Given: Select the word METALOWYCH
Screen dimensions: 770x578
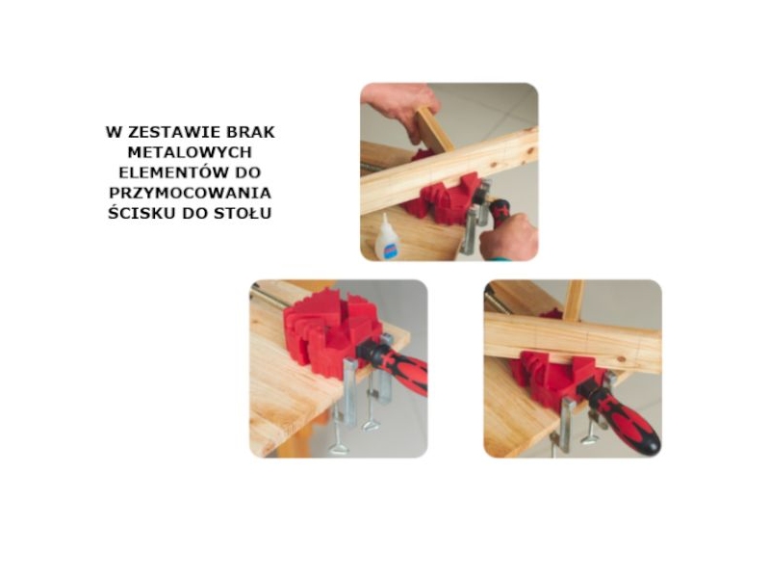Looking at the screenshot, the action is pos(190,152).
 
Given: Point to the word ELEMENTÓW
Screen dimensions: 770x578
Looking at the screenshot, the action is pos(172,172).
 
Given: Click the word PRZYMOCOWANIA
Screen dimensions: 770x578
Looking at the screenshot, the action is pos(190,193).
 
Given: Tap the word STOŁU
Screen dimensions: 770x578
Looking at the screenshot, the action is pos(244,213).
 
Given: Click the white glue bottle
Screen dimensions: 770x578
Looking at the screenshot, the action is pos(388,237).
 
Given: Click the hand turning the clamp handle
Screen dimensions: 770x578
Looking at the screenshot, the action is pos(509,238).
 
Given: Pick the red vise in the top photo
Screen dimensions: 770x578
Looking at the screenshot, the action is pos(444,196).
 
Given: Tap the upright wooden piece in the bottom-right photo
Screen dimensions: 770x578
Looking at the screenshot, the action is pos(573,300).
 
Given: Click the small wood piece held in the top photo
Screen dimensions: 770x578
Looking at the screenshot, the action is pos(434,130).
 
